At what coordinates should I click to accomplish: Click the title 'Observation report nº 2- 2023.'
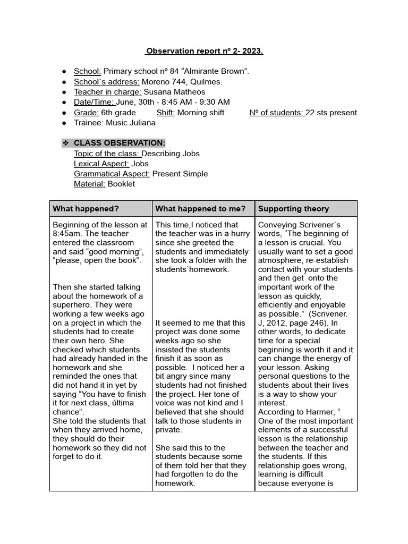(204, 52)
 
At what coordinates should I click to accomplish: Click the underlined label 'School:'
(87, 71)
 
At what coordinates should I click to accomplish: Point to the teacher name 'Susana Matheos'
(174, 92)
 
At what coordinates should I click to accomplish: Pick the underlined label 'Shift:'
(166, 113)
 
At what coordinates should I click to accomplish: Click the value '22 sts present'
(332, 113)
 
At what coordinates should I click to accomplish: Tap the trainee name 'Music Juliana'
(131, 123)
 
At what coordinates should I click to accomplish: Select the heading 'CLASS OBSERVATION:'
(120, 143)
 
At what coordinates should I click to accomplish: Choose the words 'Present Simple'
(180, 174)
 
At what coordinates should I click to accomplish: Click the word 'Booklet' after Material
(121, 184)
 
